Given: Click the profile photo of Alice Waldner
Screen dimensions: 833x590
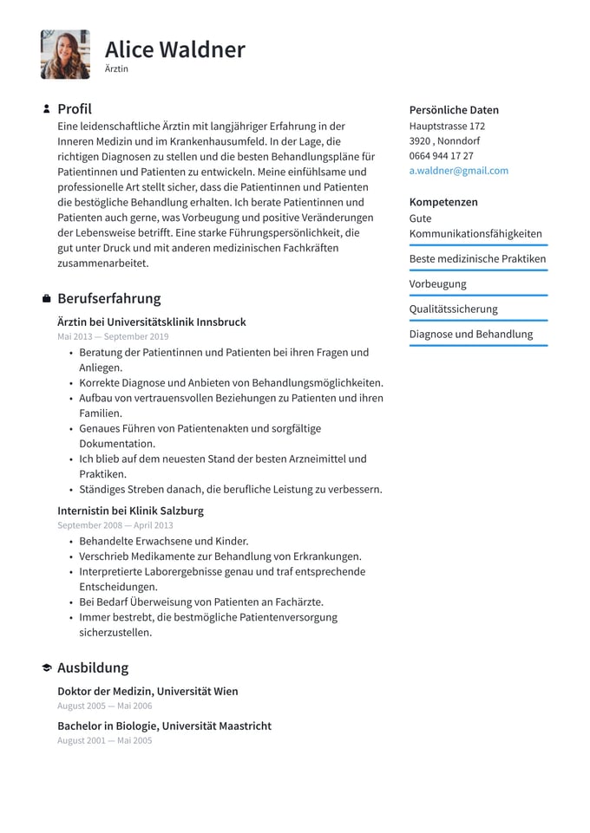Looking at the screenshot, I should pos(65,55).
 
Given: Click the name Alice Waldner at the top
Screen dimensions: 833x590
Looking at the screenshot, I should pos(175,49).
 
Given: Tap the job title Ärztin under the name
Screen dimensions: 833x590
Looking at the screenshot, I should pos(116,68).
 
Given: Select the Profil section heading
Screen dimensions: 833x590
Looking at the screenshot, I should pos(75,109).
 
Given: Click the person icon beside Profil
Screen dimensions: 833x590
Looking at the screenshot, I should pos(46,109).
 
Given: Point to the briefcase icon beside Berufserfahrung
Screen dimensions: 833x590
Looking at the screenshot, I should pos(46,299).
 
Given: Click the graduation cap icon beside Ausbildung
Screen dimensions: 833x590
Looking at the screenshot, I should pos(46,668).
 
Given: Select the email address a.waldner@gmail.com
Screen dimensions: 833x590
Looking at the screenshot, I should pos(459,171).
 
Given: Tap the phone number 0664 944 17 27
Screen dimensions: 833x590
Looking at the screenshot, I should pos(442,156).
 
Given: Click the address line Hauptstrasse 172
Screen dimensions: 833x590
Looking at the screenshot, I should pos(447,126).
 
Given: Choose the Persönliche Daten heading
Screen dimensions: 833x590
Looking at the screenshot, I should pos(454,110).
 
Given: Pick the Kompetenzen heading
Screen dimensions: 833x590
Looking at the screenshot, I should pos(443,202).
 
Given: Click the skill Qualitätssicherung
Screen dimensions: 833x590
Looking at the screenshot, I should pos(454,309).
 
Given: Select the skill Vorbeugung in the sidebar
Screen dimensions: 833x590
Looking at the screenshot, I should pos(438,283).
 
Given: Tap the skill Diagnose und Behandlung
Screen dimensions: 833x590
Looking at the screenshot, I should pos(471,334).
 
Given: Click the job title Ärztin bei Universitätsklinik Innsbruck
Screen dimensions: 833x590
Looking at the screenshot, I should pos(152,322).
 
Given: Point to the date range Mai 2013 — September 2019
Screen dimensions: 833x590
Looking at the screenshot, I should pos(113,336).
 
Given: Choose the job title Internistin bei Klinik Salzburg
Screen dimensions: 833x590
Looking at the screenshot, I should pos(131,511).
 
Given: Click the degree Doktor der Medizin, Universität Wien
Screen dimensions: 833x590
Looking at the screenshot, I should pos(147,691).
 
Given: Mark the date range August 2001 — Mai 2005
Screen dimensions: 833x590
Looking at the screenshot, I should pos(104,741).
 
